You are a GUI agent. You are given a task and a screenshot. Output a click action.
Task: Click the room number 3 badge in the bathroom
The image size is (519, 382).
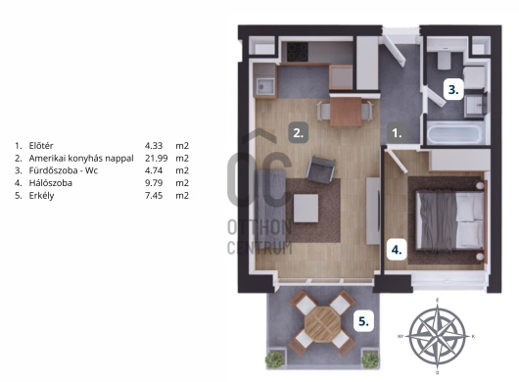click(x=453, y=89)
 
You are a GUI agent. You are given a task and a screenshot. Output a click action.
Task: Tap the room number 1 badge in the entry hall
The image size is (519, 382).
click(x=398, y=133)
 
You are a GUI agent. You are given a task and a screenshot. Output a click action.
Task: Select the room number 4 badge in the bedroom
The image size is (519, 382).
click(x=397, y=250)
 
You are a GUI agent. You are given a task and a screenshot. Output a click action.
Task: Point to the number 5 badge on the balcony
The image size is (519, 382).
click(x=363, y=321)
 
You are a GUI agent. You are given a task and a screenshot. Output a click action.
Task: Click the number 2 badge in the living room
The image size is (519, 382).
click(x=299, y=133)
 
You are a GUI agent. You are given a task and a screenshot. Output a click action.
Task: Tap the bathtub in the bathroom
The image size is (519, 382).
click(x=454, y=133)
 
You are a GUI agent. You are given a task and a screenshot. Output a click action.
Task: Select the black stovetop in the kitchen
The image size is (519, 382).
click(x=298, y=52)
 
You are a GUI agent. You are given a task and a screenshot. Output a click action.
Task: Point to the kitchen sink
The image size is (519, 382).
click(x=264, y=87)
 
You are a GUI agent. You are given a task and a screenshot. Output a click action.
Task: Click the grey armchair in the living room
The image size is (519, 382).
click(x=320, y=169)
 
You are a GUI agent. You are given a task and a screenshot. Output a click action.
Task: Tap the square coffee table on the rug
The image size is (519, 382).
click(x=306, y=209)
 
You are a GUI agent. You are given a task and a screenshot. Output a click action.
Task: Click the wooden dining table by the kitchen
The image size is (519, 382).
click(x=346, y=112)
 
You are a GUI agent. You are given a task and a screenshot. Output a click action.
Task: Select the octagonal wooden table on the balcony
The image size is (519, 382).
click(x=323, y=324)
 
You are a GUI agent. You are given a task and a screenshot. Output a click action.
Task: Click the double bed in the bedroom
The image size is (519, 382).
click(x=450, y=220)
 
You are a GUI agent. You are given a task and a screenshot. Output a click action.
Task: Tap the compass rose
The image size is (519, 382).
click(x=438, y=336)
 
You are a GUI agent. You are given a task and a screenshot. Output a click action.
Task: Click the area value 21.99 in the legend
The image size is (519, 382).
click(x=157, y=159)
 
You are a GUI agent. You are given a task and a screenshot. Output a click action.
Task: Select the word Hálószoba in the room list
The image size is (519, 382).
click(x=51, y=183)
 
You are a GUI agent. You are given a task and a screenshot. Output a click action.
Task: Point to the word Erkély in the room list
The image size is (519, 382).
click(x=41, y=196)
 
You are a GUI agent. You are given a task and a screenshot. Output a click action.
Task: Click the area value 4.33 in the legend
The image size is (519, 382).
click(x=154, y=146)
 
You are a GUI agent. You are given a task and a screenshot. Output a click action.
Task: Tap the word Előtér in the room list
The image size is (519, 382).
click(x=41, y=146)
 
